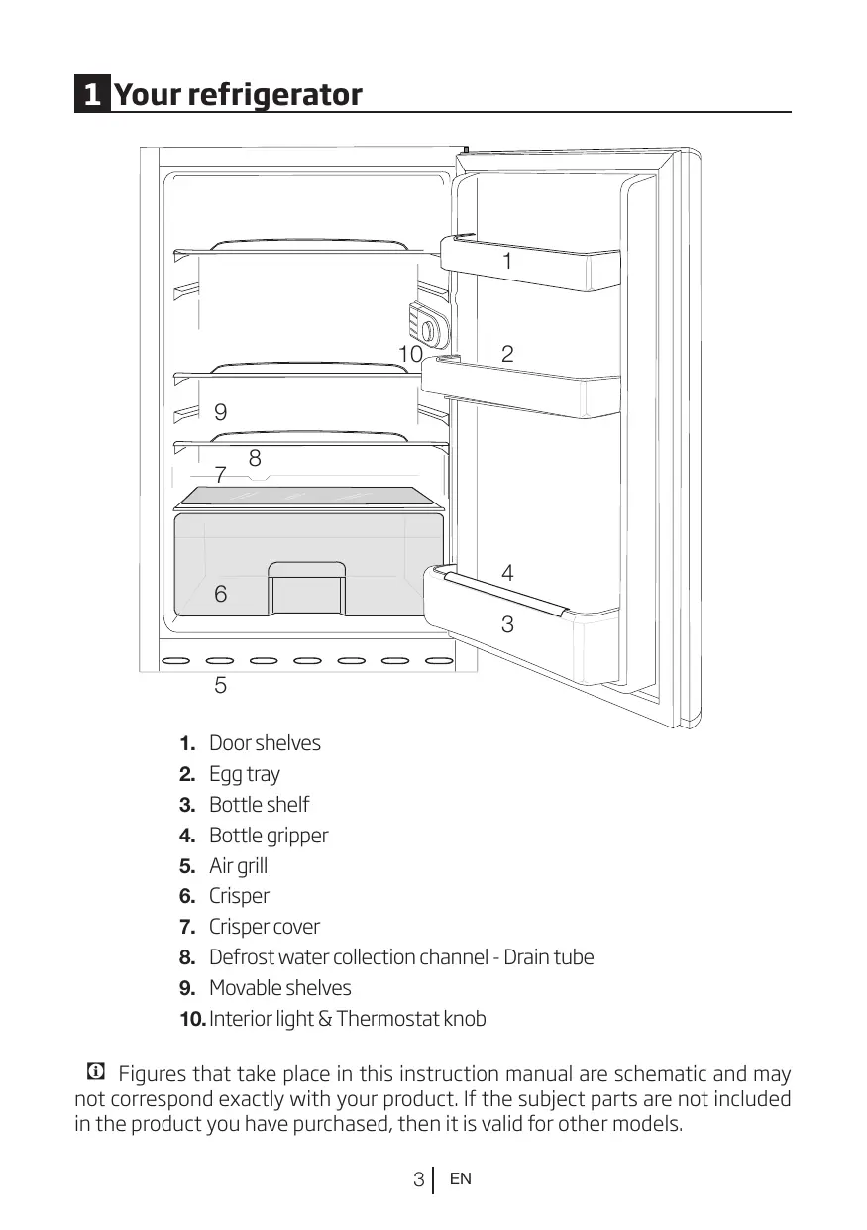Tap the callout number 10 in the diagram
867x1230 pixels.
coord(409,354)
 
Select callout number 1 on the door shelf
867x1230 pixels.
coord(507,262)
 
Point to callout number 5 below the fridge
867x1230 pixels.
coord(220,685)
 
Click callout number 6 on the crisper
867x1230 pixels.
coord(220,595)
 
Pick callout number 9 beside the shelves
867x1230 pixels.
coord(220,412)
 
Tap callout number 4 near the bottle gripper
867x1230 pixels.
coord(507,573)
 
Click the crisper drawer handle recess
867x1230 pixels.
coord(307,569)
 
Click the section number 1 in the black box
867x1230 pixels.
coord(91,95)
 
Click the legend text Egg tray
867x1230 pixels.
coord(245,774)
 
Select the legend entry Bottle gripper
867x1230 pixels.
coord(269,836)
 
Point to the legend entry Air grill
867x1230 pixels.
coord(238,866)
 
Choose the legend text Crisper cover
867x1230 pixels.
coord(265,928)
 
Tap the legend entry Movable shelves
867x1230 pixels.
coord(279,988)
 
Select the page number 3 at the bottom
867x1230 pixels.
coord(419,1180)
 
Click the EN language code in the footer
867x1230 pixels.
coord(460,1179)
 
